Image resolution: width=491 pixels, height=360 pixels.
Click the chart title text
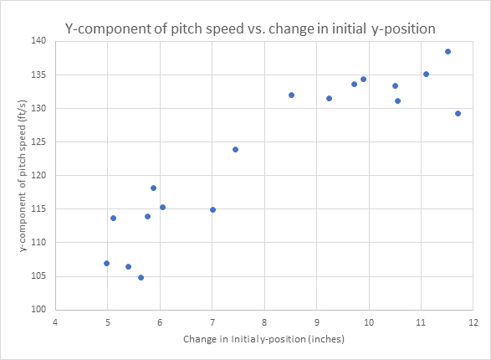[x=250, y=28]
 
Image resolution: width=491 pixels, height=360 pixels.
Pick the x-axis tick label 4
[x=55, y=322]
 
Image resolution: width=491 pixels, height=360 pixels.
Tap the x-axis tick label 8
[x=264, y=322]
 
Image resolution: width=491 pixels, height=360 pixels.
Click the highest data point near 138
[x=448, y=51]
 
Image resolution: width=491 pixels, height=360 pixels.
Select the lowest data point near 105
[x=141, y=277]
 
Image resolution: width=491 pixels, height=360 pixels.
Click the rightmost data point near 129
[x=458, y=113]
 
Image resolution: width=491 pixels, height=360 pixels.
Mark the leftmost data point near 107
[x=106, y=263]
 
